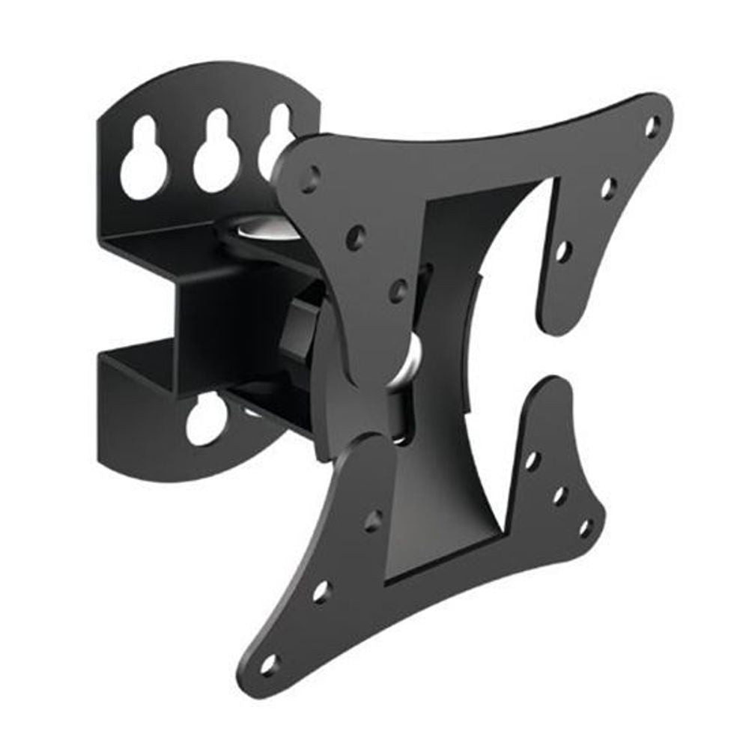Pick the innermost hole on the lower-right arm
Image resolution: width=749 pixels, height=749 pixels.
click(532, 459)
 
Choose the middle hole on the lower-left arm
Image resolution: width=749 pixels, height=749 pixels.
click(321, 590)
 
